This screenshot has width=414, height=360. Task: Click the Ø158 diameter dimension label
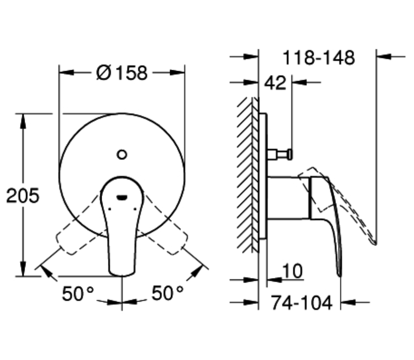[x=122, y=73]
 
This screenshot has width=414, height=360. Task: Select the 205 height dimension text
[x=23, y=195]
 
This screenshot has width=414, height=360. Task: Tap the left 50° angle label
[x=78, y=293]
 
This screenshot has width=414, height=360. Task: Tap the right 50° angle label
[x=167, y=293]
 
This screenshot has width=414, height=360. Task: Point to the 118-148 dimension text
[x=319, y=57]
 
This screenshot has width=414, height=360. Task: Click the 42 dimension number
[x=275, y=83]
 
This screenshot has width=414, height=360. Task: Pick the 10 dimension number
[x=292, y=271]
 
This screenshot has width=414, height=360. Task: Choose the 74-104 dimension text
[x=301, y=303]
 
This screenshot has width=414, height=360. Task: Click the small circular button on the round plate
[x=122, y=154]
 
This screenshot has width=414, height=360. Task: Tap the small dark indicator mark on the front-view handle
[x=122, y=197]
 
